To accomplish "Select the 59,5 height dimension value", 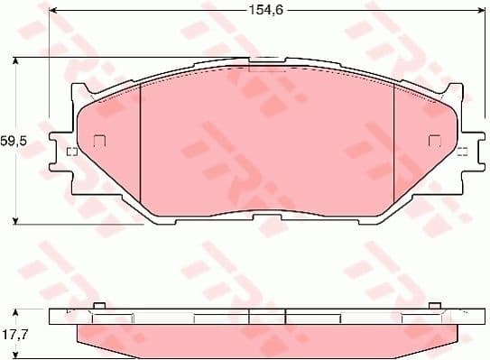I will (13, 142).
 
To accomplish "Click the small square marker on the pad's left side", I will (100, 140).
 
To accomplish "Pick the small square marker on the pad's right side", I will (434, 140).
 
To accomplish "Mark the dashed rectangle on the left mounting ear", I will (70, 151).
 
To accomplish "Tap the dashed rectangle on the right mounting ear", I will (462, 151).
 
